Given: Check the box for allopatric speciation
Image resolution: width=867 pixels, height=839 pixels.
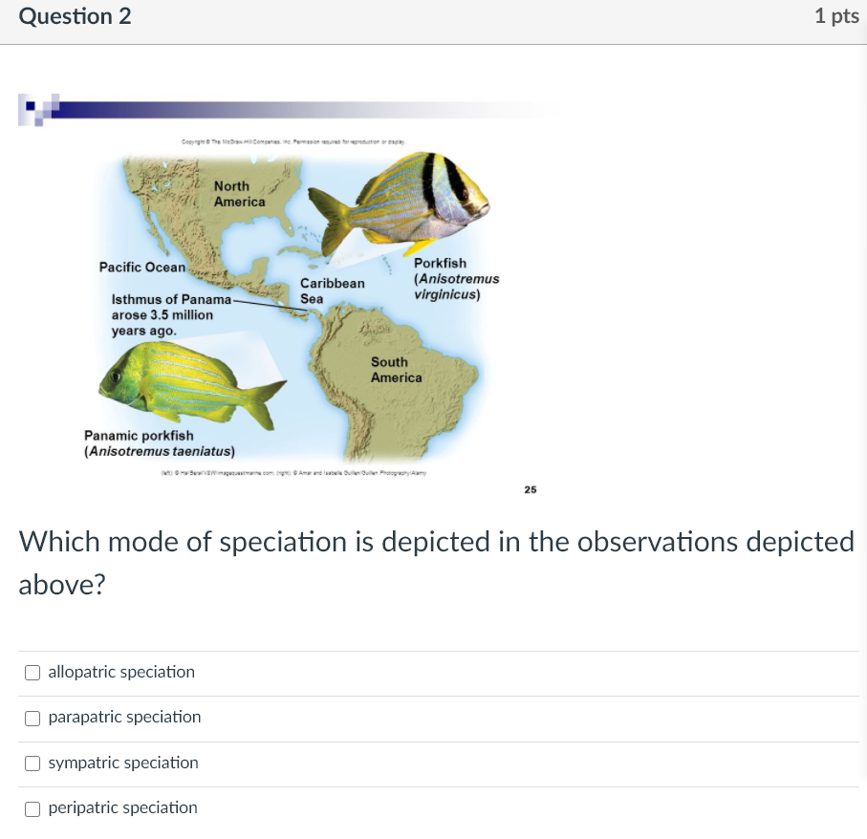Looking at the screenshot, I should click(33, 673).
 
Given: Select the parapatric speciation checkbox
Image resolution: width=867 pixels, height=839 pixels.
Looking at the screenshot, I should click(33, 718).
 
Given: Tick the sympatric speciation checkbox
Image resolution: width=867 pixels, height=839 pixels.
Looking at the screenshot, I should click(33, 764).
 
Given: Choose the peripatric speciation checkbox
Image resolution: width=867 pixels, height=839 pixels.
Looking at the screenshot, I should click(33, 808).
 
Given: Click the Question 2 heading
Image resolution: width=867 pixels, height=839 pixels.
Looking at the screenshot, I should click(76, 16).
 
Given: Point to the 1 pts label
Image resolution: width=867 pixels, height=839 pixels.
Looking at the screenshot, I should click(836, 16).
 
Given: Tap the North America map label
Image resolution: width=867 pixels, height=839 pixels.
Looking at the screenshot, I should click(239, 194).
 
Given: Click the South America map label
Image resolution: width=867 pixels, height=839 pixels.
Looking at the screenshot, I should click(396, 370).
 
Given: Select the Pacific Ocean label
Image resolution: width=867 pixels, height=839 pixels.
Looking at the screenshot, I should click(142, 268).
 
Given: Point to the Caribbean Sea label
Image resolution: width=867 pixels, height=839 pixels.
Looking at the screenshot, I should click(332, 290).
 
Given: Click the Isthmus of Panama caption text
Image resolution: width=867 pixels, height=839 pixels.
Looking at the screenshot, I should click(163, 314).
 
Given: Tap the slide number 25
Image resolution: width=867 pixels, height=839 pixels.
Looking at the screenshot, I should click(531, 489).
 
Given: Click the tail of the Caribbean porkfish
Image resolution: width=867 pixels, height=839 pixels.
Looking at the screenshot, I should click(330, 220).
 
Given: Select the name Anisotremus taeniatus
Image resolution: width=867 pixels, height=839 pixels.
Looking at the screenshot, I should click(160, 451).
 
